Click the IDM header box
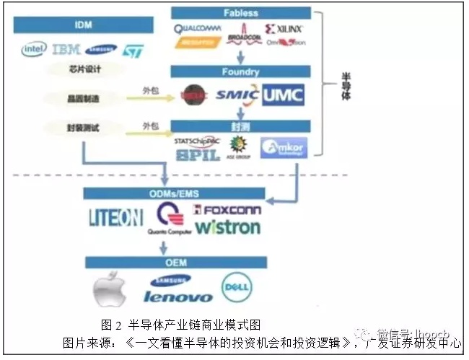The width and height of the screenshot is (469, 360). click(x=84, y=25)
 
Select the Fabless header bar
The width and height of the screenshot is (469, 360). click(x=240, y=13)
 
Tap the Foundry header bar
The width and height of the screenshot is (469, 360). click(x=240, y=72)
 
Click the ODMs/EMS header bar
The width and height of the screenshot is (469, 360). click(x=176, y=193)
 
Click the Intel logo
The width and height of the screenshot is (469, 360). click(x=34, y=49)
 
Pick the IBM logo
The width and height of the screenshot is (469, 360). click(x=66, y=49)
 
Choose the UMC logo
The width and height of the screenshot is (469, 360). click(x=283, y=94)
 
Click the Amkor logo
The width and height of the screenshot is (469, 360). click(x=283, y=147)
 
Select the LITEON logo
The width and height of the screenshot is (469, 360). click(x=117, y=218)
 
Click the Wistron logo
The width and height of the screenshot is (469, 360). click(x=228, y=227)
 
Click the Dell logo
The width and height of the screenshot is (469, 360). click(x=236, y=287)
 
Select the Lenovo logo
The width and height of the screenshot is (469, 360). click(x=177, y=297)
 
